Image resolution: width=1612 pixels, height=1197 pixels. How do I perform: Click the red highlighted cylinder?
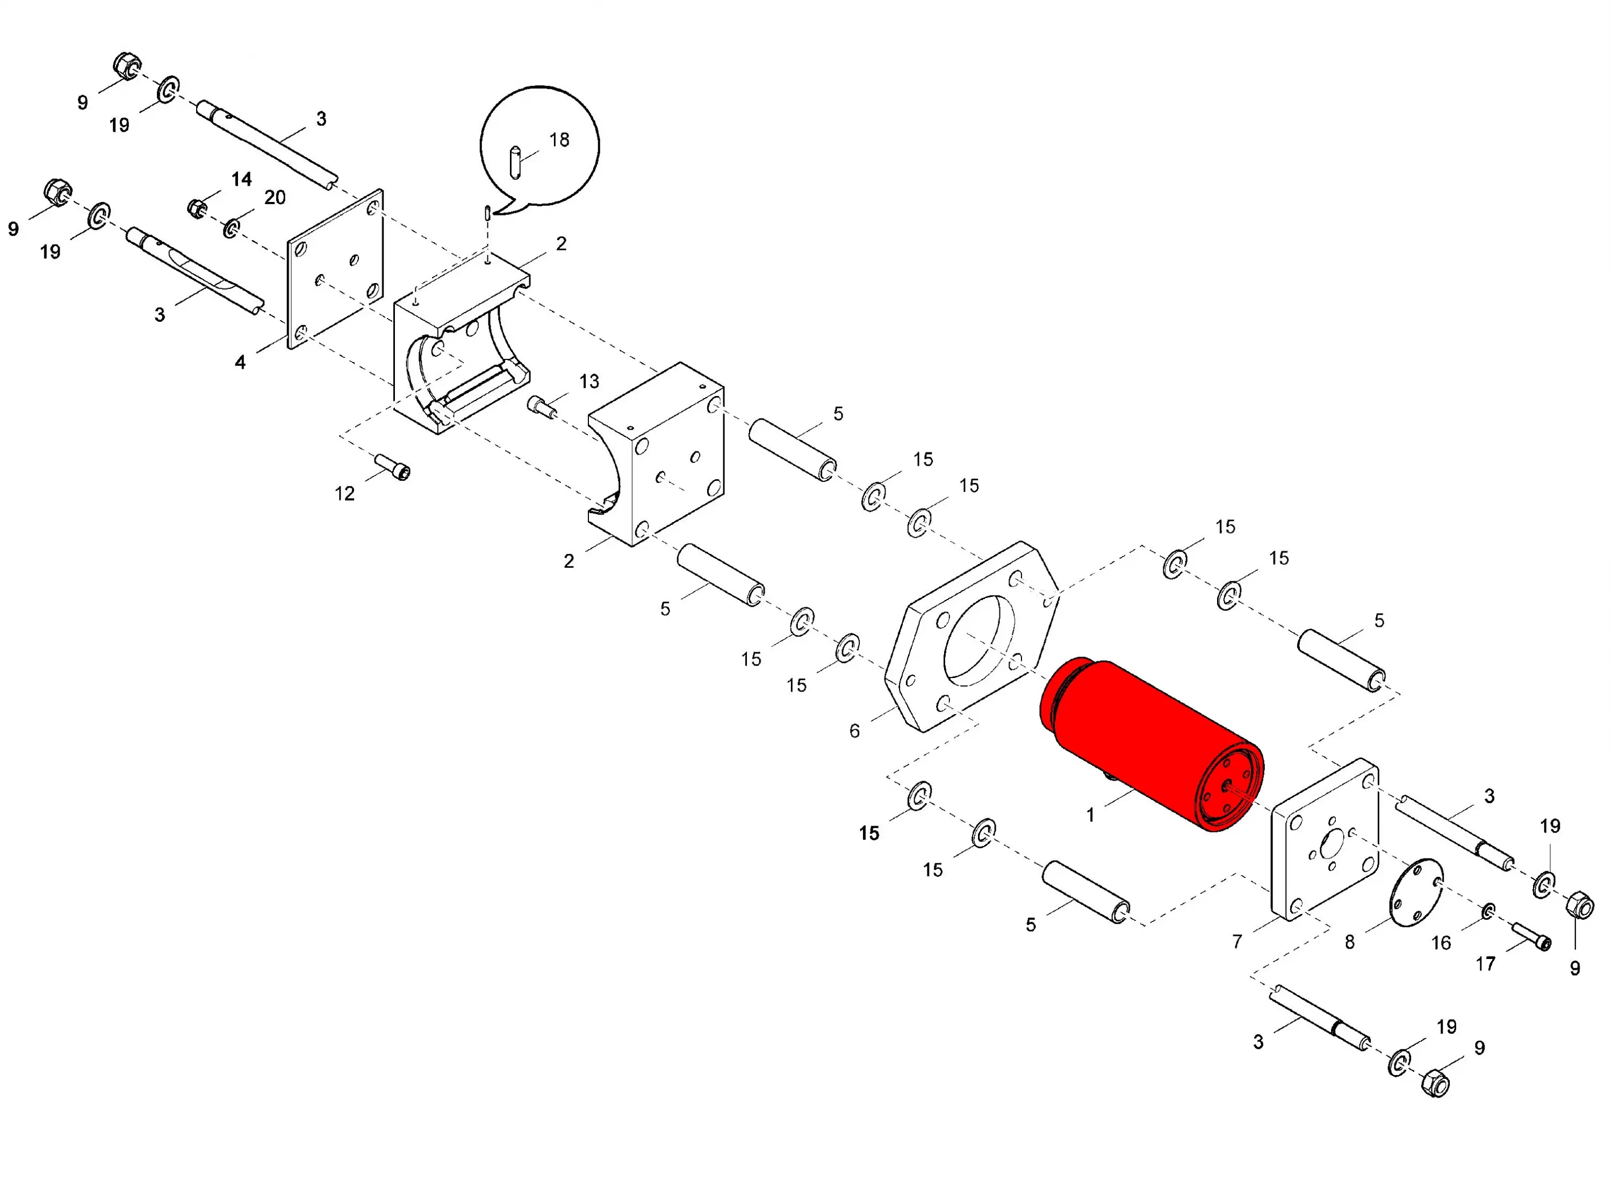click(x=1152, y=745)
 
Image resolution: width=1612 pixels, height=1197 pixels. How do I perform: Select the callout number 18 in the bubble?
click(x=559, y=140)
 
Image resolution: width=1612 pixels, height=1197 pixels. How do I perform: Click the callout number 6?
click(x=855, y=731)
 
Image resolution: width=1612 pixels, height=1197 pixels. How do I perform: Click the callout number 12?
click(x=345, y=494)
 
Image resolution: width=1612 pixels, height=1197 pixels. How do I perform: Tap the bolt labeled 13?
click(x=541, y=406)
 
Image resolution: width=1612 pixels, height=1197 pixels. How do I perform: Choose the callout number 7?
click(x=1237, y=942)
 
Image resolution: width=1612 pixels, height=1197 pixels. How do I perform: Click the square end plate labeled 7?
click(x=1325, y=839)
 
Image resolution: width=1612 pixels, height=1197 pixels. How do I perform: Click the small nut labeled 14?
click(x=197, y=208)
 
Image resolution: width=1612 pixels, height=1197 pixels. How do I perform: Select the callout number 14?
click(x=241, y=179)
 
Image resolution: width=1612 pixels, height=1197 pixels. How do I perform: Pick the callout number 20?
click(x=275, y=197)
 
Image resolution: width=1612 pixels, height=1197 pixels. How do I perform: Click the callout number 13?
click(x=589, y=382)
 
